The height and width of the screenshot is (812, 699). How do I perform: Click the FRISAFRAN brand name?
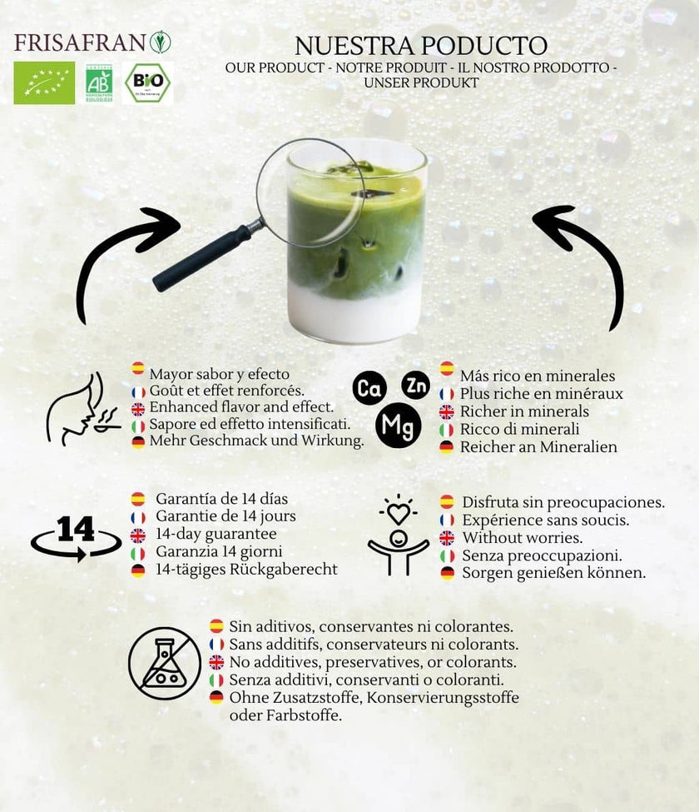(x=81, y=42)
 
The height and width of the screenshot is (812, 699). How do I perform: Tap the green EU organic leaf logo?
(x=43, y=82)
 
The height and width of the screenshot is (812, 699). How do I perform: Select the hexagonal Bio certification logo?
(x=147, y=82)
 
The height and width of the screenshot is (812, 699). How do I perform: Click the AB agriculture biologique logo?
(x=99, y=82)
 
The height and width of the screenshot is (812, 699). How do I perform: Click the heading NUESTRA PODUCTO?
(x=420, y=45)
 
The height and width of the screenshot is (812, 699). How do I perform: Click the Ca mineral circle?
(x=369, y=389)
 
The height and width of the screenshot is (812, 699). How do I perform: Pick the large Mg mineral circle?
(x=398, y=425)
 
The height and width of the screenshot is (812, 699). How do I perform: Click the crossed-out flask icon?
(x=165, y=663)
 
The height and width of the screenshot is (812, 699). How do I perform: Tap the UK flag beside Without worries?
(x=447, y=538)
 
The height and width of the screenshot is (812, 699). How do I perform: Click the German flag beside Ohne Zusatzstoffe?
(x=216, y=697)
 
